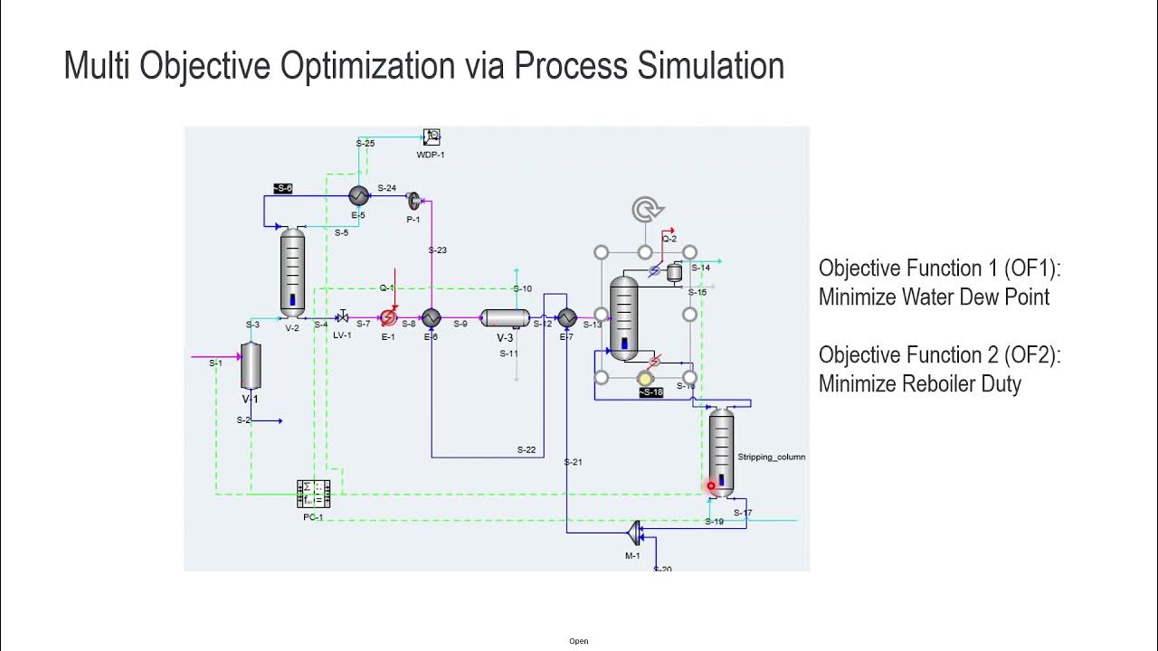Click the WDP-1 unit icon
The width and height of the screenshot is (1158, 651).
pyautogui.click(x=432, y=137)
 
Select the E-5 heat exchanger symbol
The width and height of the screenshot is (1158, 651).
pyautogui.click(x=358, y=195)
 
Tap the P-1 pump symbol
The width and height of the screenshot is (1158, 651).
pyautogui.click(x=414, y=201)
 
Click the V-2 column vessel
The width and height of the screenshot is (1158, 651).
pyautogui.click(x=292, y=272)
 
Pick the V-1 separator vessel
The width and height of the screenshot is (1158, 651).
pyautogui.click(x=251, y=366)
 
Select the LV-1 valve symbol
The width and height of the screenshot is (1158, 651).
pyautogui.click(x=342, y=317)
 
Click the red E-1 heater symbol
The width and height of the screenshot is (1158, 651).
pyautogui.click(x=388, y=317)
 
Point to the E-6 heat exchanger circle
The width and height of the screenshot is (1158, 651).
pyautogui.click(x=431, y=317)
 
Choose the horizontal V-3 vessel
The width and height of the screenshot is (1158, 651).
pyautogui.click(x=505, y=317)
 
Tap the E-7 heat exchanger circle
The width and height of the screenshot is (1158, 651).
pyautogui.click(x=566, y=317)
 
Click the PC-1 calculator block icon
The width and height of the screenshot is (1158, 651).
pyautogui.click(x=314, y=495)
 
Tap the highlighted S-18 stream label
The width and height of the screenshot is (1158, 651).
pyautogui.click(x=651, y=392)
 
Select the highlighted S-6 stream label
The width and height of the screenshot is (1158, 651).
pyautogui.click(x=283, y=188)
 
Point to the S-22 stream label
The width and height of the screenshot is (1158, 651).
pyautogui.click(x=526, y=449)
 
